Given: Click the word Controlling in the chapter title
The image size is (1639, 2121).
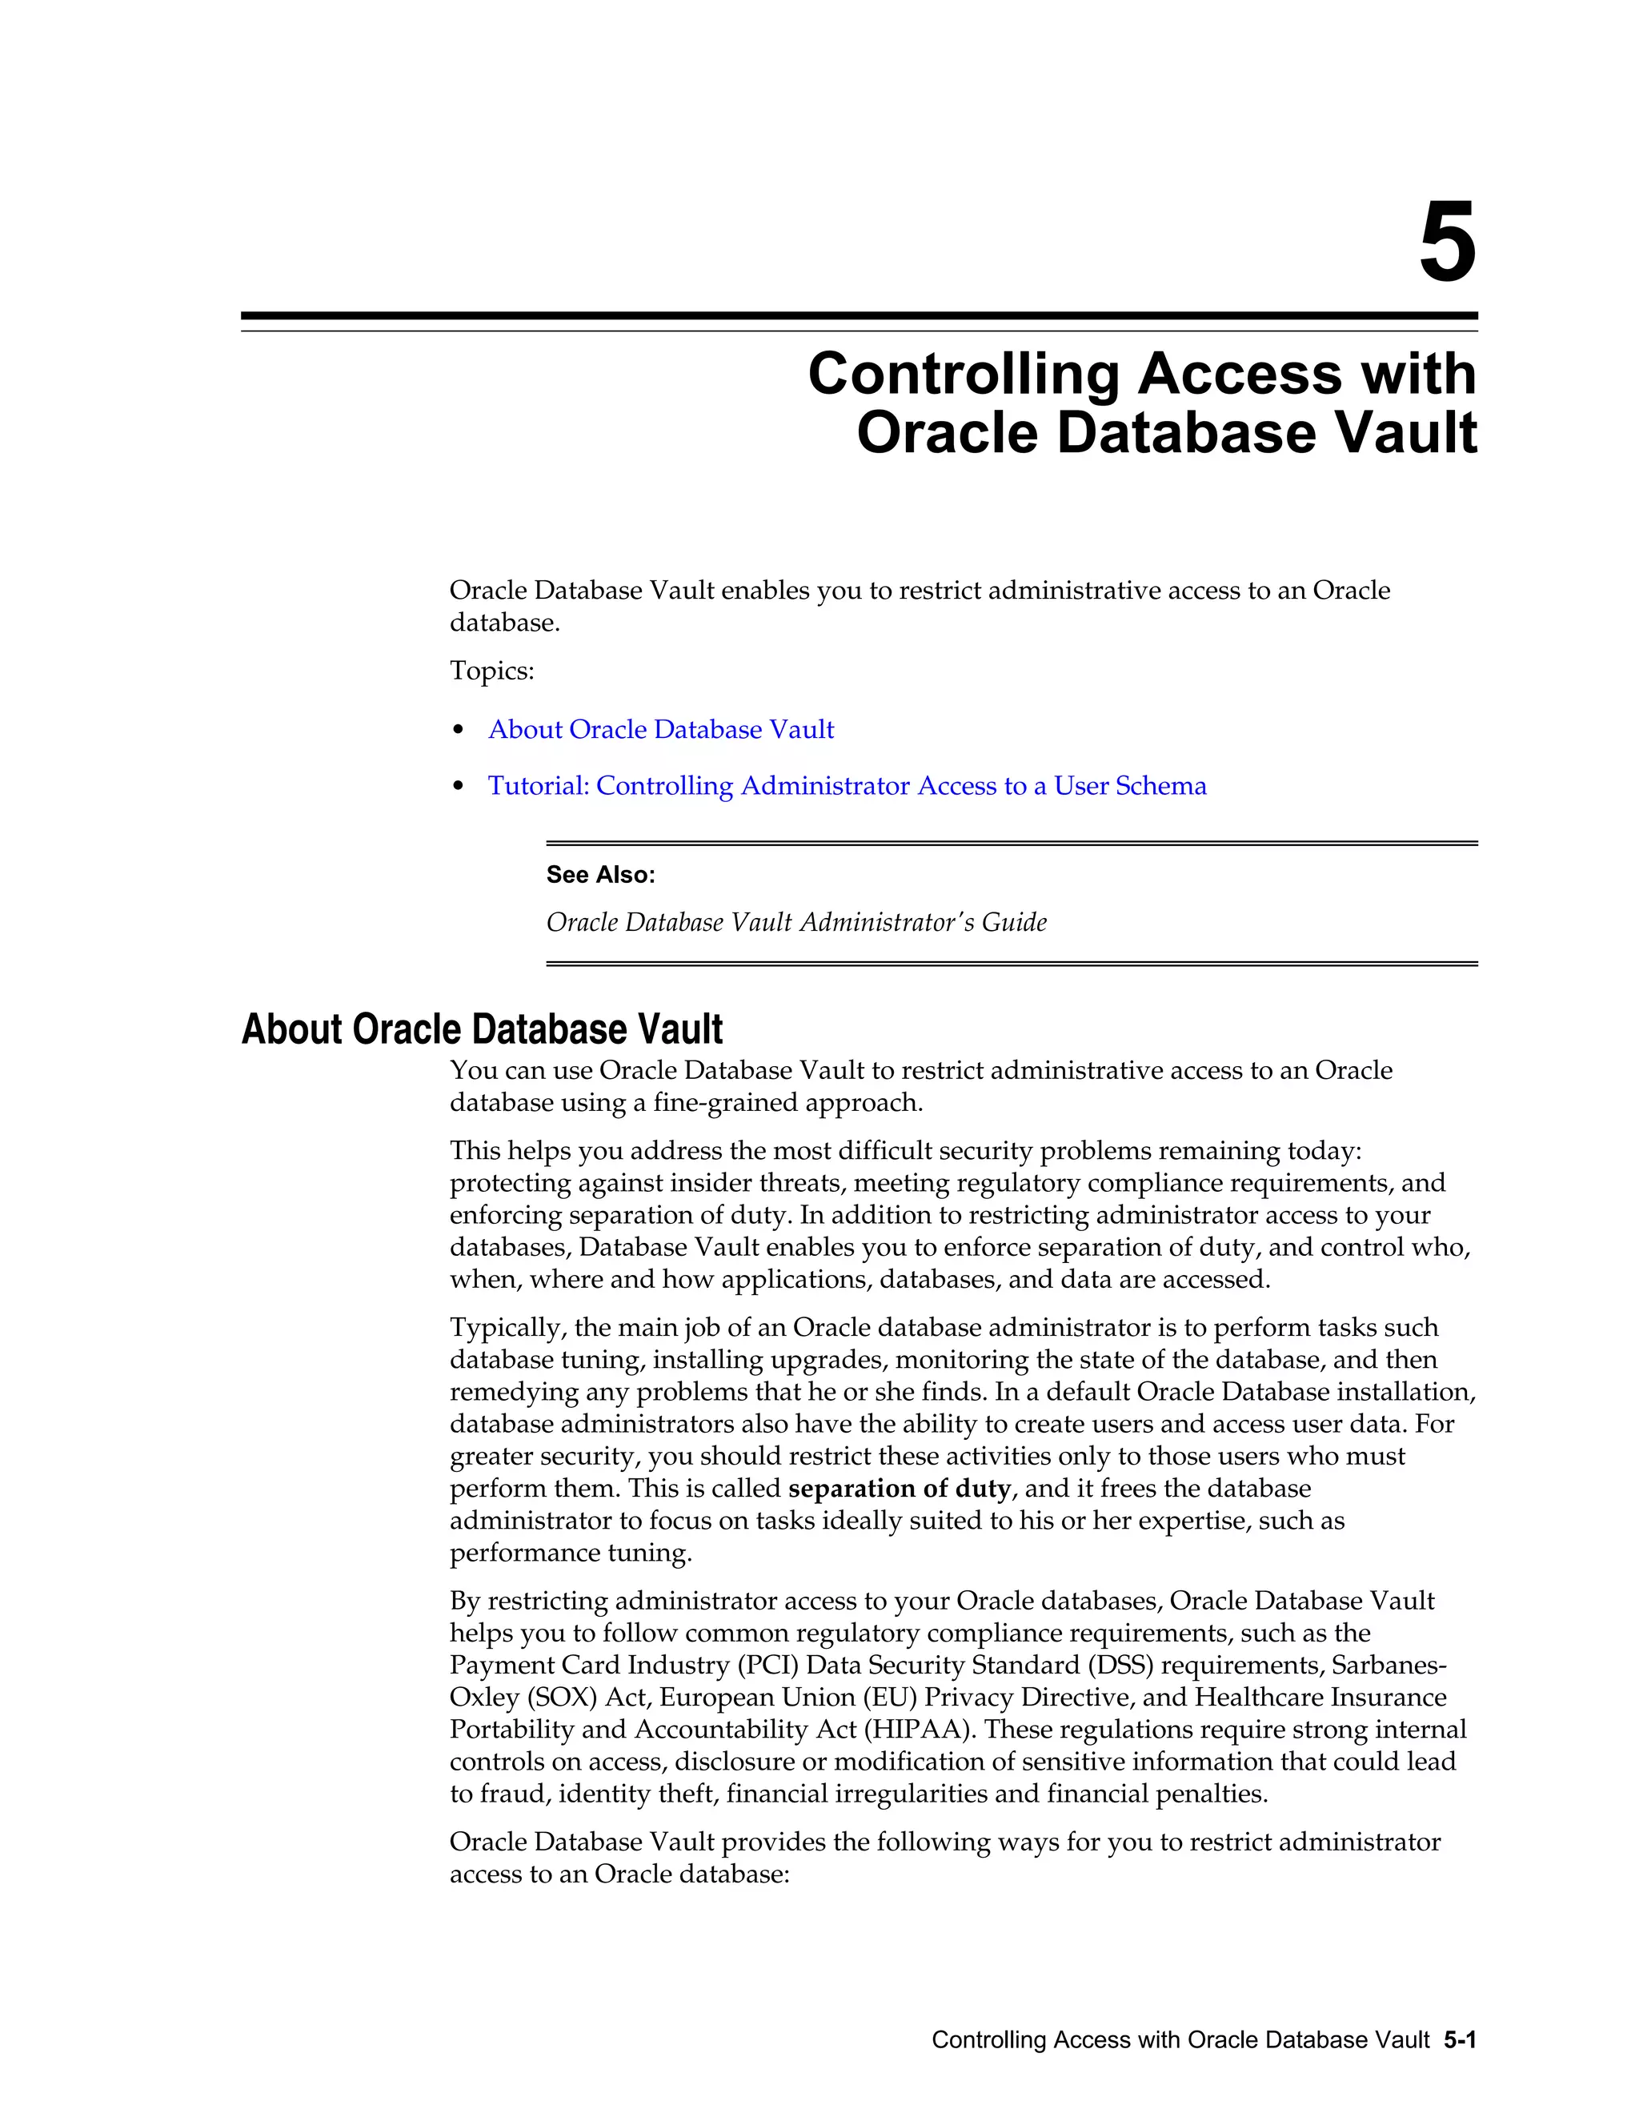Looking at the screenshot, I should [x=964, y=374].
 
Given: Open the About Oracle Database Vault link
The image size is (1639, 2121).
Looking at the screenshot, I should [x=660, y=729].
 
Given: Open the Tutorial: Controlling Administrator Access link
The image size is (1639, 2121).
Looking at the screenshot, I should [x=847, y=786].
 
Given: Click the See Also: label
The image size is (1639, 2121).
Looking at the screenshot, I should [x=600, y=875].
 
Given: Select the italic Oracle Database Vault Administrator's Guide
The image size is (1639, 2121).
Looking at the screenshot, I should [x=796, y=921].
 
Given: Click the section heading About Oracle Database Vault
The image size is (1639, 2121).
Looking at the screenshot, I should [x=482, y=1029].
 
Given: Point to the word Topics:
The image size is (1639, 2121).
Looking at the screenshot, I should [x=491, y=671].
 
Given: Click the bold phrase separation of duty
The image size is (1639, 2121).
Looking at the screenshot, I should [x=899, y=1489].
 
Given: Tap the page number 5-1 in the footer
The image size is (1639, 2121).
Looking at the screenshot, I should [x=1460, y=2040].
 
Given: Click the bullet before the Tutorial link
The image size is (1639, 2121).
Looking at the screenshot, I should [x=459, y=787].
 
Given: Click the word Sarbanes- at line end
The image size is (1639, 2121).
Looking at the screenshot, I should [x=1389, y=1666].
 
